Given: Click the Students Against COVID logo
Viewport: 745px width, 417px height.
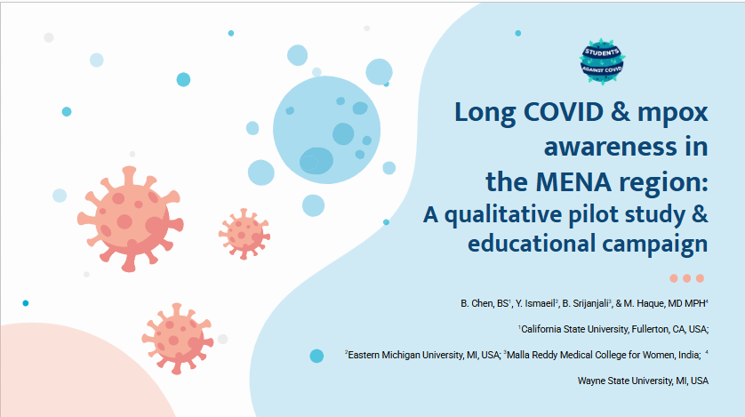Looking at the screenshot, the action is point(602,61).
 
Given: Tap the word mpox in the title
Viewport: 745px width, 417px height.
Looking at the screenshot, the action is point(673,114).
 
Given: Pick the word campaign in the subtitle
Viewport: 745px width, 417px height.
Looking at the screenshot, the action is point(655,245).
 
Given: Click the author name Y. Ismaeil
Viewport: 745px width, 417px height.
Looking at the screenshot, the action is point(535,303).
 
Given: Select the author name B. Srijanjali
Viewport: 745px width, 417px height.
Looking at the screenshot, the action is point(585,303).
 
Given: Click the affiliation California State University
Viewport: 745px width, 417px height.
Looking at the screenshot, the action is point(575,329).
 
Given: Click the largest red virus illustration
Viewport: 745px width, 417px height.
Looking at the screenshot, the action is point(130,219).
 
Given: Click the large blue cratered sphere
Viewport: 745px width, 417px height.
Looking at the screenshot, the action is point(327,130).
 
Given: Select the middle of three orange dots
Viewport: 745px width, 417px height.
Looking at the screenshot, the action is point(686,278).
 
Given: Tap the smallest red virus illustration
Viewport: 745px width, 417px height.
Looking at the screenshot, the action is point(244,234).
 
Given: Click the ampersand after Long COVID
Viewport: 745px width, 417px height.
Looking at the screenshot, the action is point(621,112).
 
